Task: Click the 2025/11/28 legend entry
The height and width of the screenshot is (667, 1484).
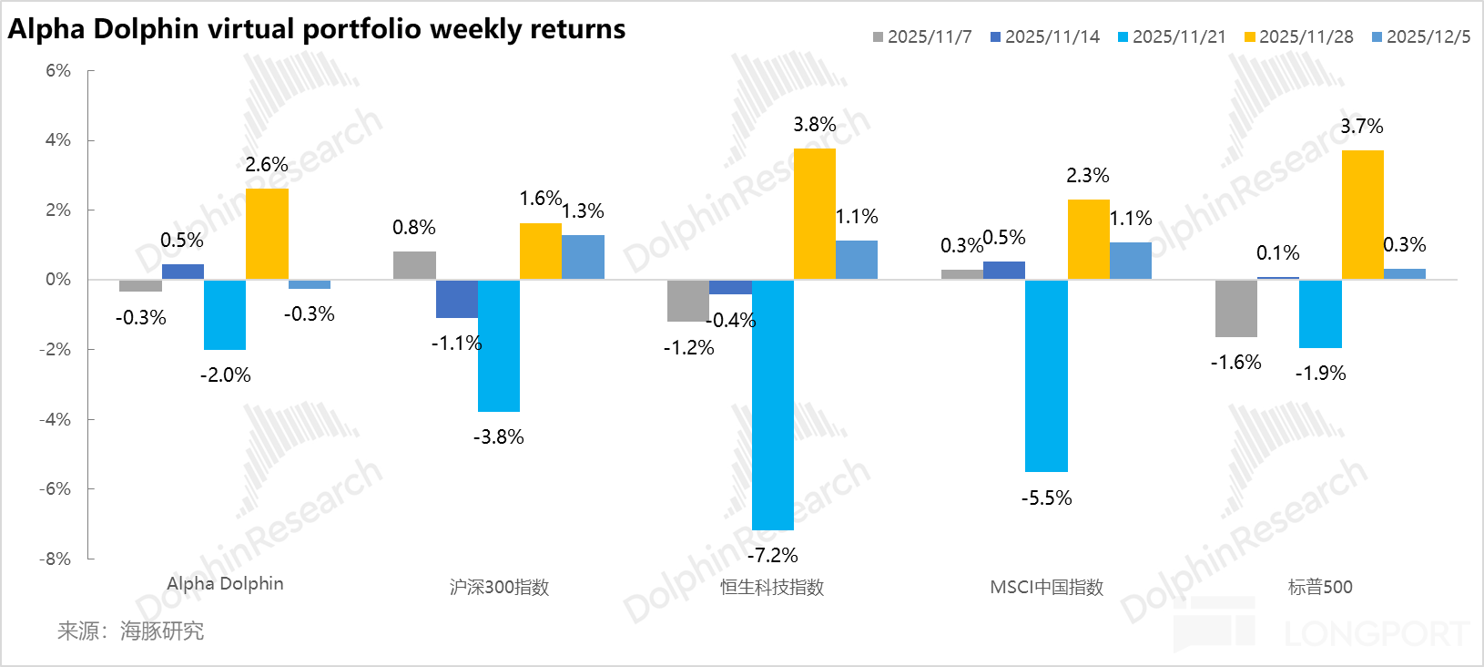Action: [x=1298, y=37]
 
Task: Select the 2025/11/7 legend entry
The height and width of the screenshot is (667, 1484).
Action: [x=922, y=37]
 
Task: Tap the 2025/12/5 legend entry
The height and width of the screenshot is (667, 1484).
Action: [x=1421, y=37]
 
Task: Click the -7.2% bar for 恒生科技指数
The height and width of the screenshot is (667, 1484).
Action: [x=773, y=405]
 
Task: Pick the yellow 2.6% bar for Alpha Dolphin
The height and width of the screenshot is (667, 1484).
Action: [x=267, y=234]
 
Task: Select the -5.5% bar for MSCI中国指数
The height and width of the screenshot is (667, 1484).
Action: [x=1046, y=375]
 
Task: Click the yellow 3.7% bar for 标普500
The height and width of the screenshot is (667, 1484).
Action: [x=1362, y=215]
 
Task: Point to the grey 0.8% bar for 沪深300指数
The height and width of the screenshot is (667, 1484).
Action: [x=414, y=265]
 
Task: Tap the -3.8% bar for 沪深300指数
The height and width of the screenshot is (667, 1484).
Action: [x=499, y=345]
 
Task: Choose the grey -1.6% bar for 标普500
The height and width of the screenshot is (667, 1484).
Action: [x=1235, y=308]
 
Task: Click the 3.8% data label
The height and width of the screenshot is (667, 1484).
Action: [x=814, y=125]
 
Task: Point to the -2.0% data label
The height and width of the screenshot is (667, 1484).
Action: [x=225, y=375]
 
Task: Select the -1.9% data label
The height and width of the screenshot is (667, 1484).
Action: [x=1320, y=374]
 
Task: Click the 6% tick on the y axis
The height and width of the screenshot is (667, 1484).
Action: [x=58, y=71]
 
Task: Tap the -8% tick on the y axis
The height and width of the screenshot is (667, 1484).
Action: [x=56, y=559]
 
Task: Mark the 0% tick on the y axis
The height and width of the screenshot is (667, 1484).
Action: [x=58, y=280]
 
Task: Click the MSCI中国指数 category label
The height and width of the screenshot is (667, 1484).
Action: [x=1046, y=588]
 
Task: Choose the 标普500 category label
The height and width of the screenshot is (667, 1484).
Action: [x=1320, y=588]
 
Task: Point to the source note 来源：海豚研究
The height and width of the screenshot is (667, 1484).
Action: [x=131, y=631]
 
